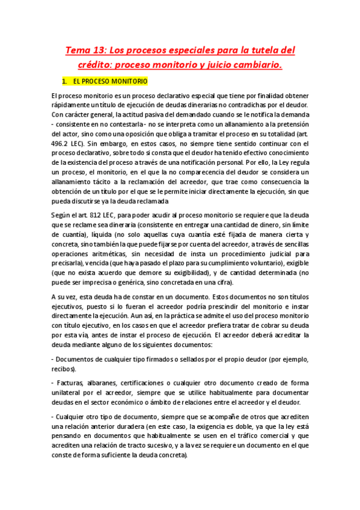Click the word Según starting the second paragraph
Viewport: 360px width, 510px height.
tap(62, 216)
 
